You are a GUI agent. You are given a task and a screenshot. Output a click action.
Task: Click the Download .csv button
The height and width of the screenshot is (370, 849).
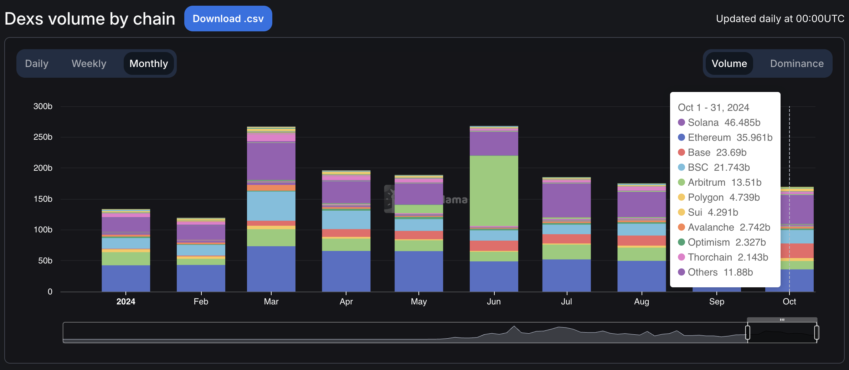[228, 19]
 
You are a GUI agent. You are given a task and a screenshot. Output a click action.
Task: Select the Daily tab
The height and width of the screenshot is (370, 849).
[37, 63]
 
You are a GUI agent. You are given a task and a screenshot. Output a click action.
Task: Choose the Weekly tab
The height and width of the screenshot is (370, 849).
[89, 63]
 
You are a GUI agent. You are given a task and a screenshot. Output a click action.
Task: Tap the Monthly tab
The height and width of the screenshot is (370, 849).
[149, 63]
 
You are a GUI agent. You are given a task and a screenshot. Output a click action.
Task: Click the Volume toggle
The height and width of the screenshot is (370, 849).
[729, 63]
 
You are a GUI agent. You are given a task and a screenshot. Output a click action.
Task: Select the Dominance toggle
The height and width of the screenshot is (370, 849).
[797, 63]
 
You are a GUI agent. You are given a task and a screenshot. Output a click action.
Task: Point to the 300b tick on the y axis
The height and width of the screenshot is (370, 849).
[43, 106]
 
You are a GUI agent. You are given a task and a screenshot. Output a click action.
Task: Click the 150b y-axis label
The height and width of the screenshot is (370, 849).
[43, 199]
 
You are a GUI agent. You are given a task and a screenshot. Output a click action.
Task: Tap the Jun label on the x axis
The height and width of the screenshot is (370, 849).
[494, 302]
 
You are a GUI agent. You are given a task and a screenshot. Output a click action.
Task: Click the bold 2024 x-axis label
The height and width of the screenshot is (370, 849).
[126, 302]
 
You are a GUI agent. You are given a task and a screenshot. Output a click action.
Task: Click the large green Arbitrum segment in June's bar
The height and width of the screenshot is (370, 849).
[494, 191]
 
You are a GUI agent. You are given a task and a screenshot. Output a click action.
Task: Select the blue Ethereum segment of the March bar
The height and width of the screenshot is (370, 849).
[271, 269]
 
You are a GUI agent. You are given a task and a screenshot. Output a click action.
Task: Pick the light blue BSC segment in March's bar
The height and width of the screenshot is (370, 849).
[271, 206]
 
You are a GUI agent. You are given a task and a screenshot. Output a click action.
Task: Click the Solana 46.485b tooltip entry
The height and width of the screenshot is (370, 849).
[724, 123]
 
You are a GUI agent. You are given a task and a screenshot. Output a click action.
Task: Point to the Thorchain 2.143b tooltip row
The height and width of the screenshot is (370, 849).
[727, 257]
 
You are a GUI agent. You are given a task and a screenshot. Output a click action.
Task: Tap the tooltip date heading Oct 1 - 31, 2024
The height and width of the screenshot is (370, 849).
[713, 108]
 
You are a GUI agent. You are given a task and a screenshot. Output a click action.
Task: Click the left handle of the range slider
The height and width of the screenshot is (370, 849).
[747, 333]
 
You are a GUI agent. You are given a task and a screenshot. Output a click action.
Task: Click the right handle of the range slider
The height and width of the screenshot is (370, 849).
[817, 333]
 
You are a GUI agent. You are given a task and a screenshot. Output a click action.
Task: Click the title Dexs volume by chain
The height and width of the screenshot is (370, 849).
[90, 19]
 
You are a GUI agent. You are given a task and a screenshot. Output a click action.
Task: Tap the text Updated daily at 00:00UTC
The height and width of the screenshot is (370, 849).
[780, 19]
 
